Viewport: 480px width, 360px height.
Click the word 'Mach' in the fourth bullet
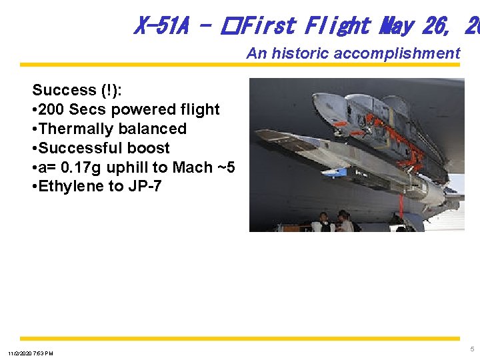pyautogui.click(x=199, y=167)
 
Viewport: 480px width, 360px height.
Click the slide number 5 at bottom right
pyautogui.click(x=472, y=349)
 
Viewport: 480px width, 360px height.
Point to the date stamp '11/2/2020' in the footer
pyautogui.click(x=21, y=353)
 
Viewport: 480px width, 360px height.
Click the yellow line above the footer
pyautogui.click(x=240, y=339)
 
